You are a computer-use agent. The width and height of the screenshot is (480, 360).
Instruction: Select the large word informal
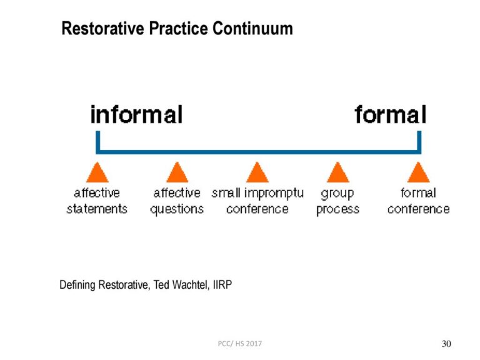[x=136, y=115]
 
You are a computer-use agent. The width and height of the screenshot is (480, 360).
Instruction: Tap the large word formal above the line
[x=391, y=115]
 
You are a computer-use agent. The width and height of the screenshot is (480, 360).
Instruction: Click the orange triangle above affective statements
[x=97, y=172]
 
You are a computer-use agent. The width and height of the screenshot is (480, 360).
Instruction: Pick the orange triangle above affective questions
[x=177, y=172]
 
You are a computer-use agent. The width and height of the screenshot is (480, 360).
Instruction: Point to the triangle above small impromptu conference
[x=257, y=172]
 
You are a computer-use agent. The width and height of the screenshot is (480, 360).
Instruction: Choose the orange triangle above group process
[x=337, y=172]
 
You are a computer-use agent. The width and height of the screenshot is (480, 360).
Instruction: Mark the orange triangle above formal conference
[x=417, y=172]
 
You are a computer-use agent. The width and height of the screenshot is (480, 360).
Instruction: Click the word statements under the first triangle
[x=97, y=209]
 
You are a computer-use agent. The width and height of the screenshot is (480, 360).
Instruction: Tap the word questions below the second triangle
[x=177, y=209]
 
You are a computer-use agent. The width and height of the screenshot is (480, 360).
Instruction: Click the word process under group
[x=337, y=209]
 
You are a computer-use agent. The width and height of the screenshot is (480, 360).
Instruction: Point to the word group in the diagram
[x=337, y=194]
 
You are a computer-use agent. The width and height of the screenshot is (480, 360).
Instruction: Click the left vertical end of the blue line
[x=97, y=141]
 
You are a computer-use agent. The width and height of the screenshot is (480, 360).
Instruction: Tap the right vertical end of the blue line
[x=419, y=141]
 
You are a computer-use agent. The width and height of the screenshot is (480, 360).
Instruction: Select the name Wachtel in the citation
[x=189, y=285]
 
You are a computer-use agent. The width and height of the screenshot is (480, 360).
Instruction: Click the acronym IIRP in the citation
[x=222, y=285]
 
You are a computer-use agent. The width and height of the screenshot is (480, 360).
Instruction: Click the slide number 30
[x=446, y=344]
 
